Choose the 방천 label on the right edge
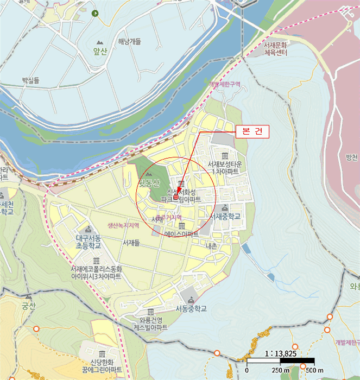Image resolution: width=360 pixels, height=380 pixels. tap(352, 157)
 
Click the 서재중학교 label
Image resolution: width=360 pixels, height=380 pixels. tap(226, 216)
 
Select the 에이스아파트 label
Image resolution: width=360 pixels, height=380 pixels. tap(181, 234)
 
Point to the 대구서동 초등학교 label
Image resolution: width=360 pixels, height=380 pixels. tap(89, 242)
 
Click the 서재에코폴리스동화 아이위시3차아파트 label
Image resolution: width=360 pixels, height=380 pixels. tap(96, 273)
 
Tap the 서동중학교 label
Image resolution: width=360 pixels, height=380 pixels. tap(191, 308)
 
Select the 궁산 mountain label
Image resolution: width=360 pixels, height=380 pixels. tap(28, 305)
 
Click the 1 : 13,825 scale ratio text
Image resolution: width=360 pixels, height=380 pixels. tap(281, 353)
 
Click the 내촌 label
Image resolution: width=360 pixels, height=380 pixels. tap(211, 246)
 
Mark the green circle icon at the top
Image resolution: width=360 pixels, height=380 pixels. tap(96, 13)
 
